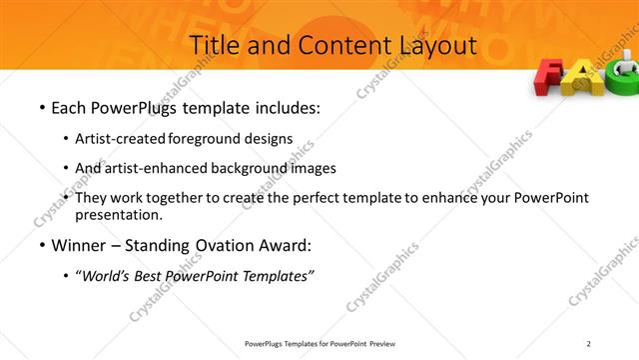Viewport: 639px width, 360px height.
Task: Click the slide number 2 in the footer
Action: tap(589, 344)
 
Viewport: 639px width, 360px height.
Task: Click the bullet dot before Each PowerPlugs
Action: tap(41, 106)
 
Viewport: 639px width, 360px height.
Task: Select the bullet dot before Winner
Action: tap(41, 246)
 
